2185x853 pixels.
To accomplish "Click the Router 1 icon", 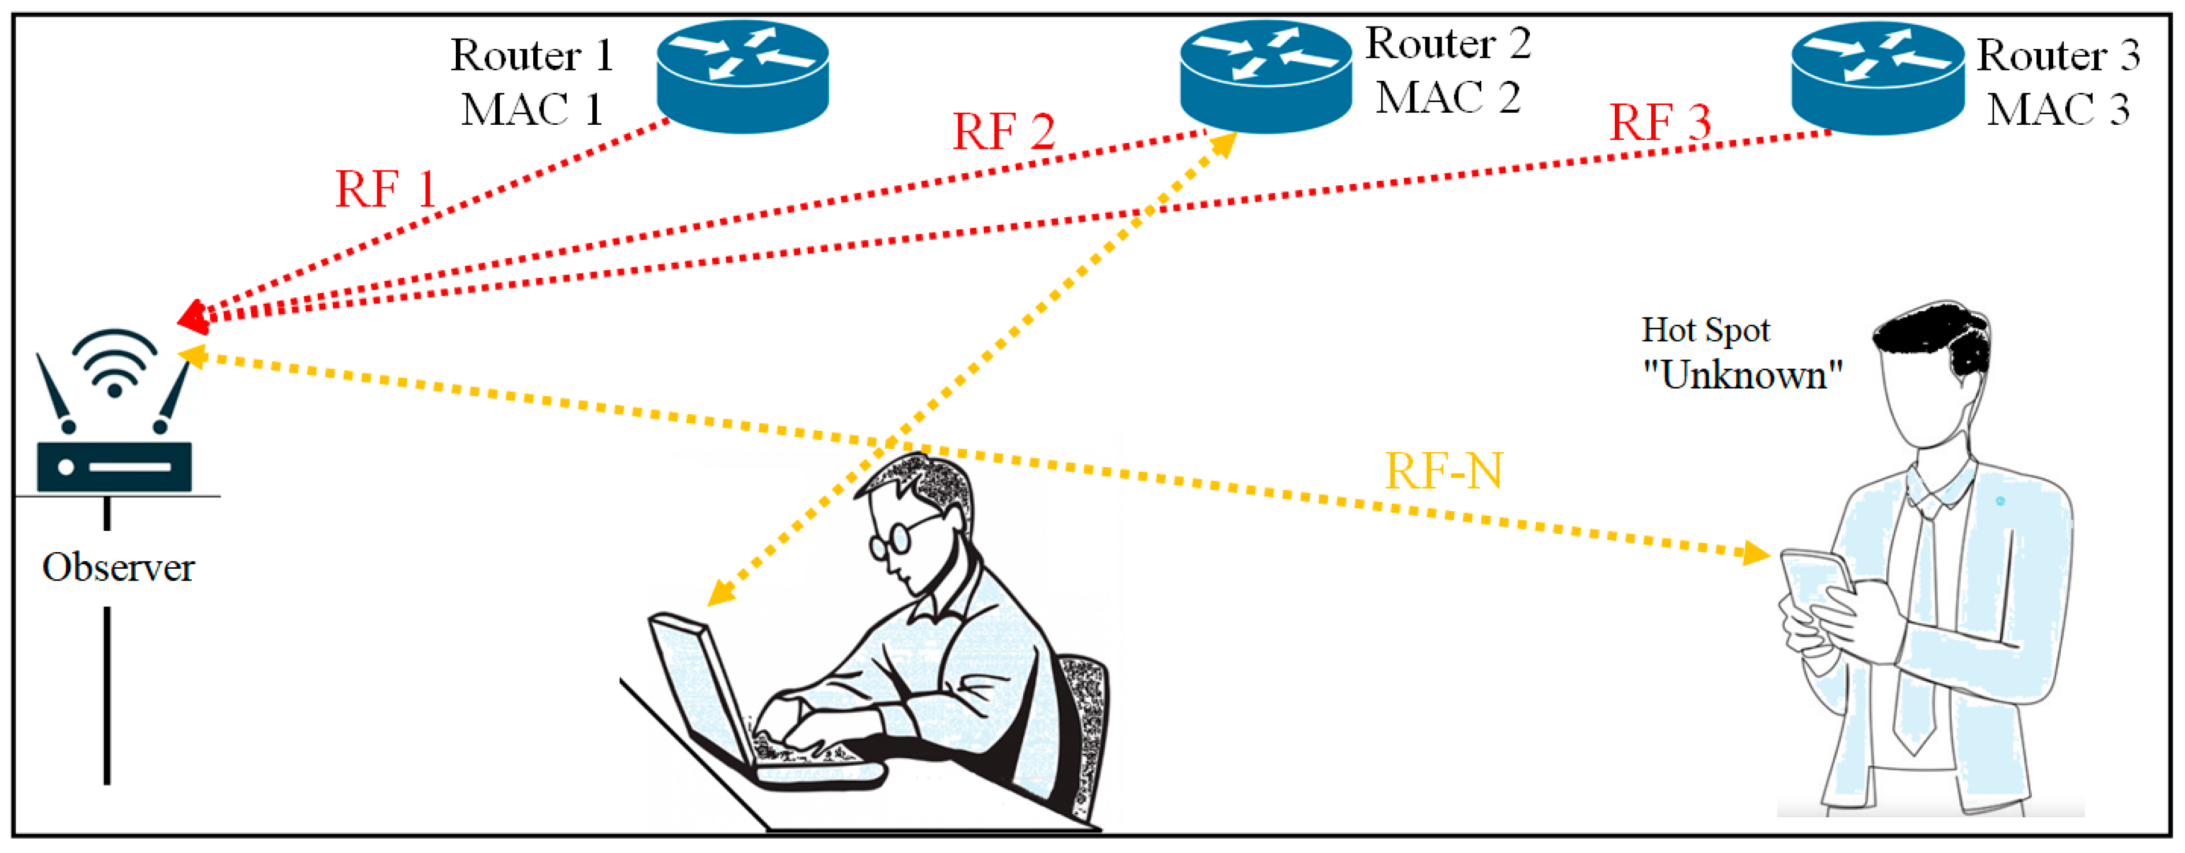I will coord(742,76).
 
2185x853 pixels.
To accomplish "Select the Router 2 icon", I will coord(1266,76).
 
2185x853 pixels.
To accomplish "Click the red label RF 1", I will coord(386,188).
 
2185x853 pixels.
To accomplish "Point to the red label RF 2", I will coord(1004,132).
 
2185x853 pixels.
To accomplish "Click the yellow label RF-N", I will coord(1444,471).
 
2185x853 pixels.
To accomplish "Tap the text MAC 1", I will coord(532,109).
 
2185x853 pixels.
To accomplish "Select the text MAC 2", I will coord(1448,98).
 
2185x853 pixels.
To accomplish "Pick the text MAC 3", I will coord(2058,109).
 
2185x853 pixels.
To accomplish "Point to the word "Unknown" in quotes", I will coord(1742,374).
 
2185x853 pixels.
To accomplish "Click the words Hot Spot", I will coord(1705,329).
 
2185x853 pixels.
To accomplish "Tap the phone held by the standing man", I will coord(1815,585).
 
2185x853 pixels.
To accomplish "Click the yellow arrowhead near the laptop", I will coord(719,594).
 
